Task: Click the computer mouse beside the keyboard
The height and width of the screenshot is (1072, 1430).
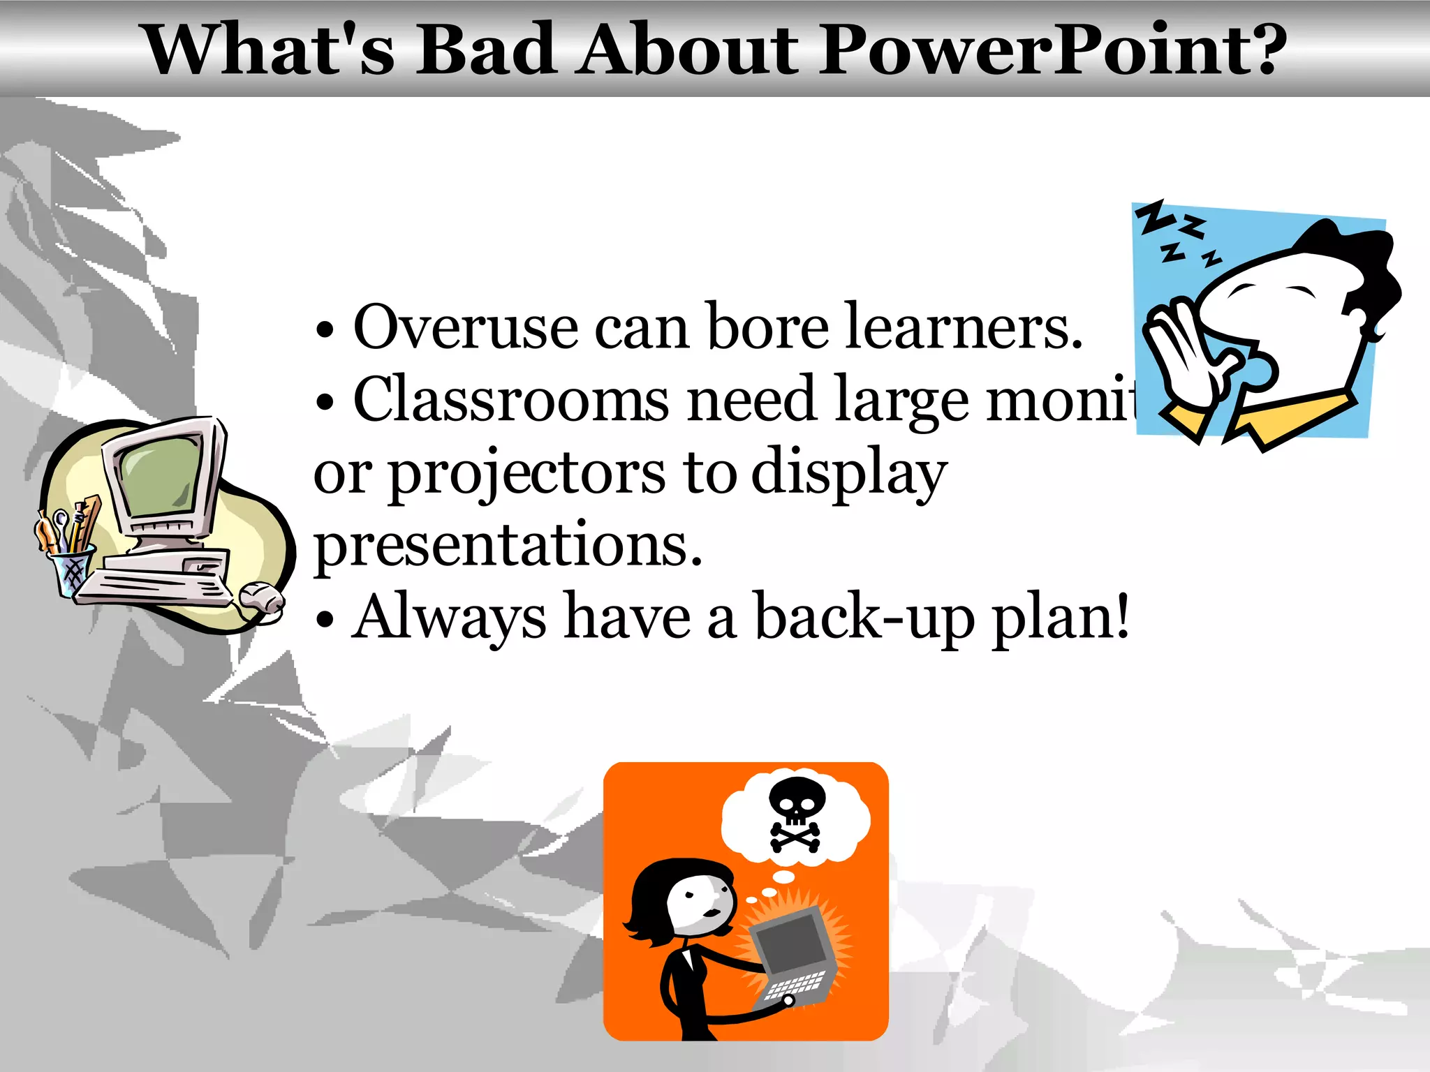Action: click(x=260, y=597)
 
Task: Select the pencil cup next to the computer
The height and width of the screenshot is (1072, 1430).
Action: click(x=72, y=569)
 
